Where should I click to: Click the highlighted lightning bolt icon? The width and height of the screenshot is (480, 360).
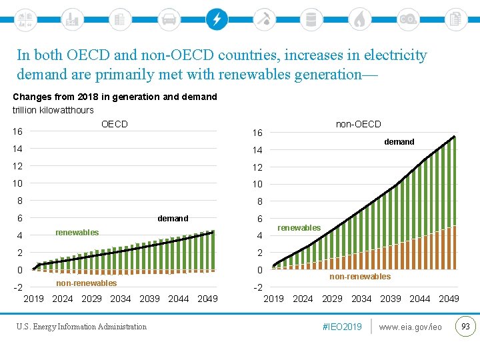click(x=216, y=19)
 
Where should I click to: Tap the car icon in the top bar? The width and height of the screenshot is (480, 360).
click(x=169, y=19)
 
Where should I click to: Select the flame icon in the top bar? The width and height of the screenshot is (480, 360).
click(x=359, y=19)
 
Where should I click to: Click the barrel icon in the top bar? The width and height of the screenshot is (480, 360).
click(x=311, y=19)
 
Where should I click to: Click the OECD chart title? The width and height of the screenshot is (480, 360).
click(x=114, y=124)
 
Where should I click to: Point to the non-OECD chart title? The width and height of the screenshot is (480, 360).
click(x=358, y=124)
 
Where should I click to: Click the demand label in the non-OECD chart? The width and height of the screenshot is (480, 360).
click(x=399, y=141)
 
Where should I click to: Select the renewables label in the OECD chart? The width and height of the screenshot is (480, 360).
click(x=77, y=233)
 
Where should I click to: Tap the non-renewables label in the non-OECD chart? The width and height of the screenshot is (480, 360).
click(x=360, y=276)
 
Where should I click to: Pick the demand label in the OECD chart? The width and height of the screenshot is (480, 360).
click(x=173, y=218)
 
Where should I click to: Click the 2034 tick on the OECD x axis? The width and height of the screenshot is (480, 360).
click(x=121, y=299)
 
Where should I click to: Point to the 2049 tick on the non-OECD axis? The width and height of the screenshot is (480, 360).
click(x=449, y=299)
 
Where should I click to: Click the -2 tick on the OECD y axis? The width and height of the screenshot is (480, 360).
click(x=19, y=288)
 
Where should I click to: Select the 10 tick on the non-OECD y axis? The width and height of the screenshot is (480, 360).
click(x=257, y=184)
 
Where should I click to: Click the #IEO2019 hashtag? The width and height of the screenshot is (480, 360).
click(x=341, y=327)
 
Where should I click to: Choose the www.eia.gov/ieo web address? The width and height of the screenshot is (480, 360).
click(x=410, y=327)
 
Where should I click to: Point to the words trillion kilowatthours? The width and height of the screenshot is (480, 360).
click(x=53, y=110)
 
